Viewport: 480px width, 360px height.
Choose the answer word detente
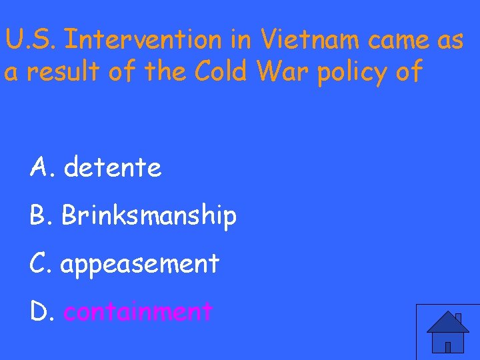click(x=113, y=168)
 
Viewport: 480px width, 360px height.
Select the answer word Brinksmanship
click(x=149, y=216)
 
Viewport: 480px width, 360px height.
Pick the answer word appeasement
click(x=139, y=265)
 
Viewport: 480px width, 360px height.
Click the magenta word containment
click(x=138, y=311)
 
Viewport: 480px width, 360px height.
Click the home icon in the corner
click(x=447, y=332)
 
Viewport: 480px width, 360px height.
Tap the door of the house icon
click(x=448, y=346)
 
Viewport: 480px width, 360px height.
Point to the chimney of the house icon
click(x=458, y=319)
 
